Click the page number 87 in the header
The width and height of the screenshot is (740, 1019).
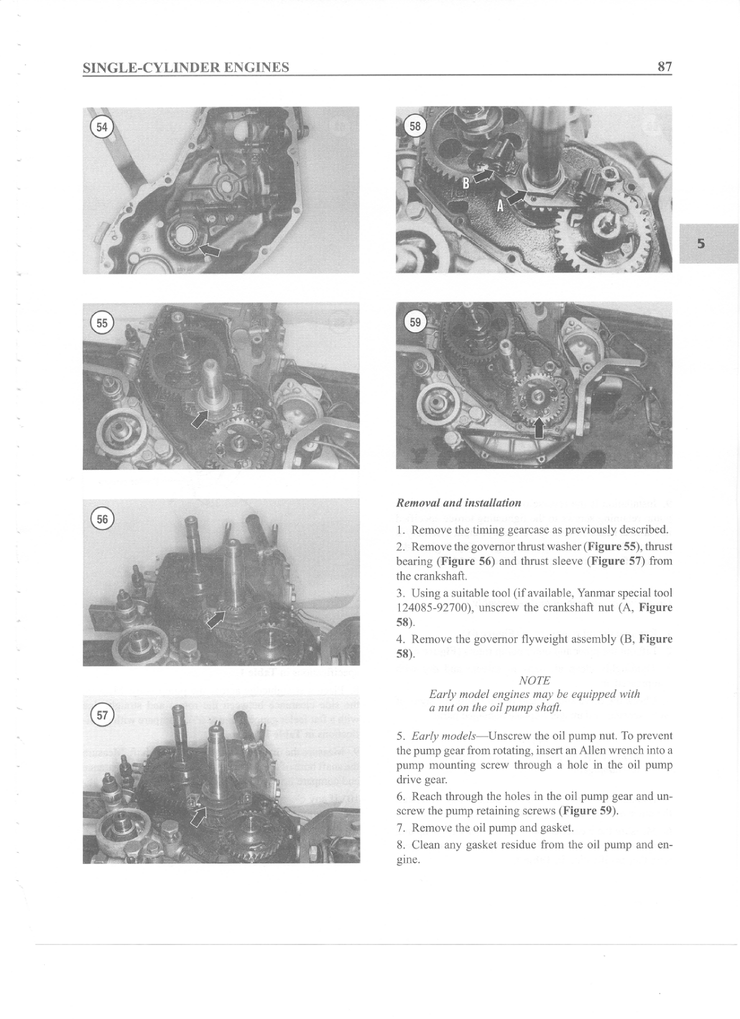[664, 67]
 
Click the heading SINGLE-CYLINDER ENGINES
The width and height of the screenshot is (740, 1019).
[186, 67]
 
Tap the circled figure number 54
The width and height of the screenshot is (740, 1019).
[101, 127]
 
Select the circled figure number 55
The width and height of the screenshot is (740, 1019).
[101, 323]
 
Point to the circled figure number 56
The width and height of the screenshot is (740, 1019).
[101, 519]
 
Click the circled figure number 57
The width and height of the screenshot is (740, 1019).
[101, 715]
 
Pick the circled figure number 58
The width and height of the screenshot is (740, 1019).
[415, 127]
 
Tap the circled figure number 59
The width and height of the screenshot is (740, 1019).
[415, 322]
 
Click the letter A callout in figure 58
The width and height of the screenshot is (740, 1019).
[499, 206]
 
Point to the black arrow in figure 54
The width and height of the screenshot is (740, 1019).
[210, 250]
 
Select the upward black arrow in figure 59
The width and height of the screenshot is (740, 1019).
[539, 428]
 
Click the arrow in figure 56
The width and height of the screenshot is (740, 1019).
[215, 620]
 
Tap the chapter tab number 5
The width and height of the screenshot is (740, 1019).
[701, 243]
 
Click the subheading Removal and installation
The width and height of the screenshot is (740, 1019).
[458, 503]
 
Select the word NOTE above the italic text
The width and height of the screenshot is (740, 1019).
[534, 681]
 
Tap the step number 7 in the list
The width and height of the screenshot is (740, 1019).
[400, 828]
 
